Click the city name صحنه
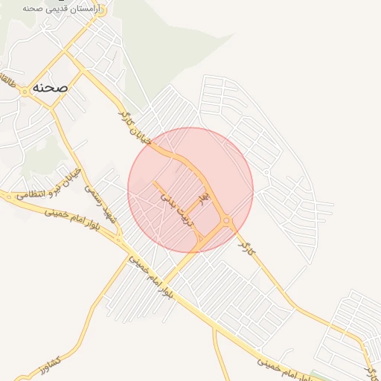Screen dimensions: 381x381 pos(50,87)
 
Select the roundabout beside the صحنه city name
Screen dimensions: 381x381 pos(25,90)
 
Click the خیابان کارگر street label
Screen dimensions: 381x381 pos(135,127)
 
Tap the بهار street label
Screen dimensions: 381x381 pos(201,198)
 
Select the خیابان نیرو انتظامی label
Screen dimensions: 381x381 pos(55,186)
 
